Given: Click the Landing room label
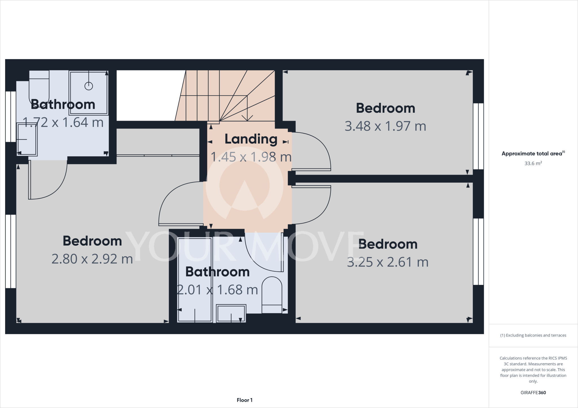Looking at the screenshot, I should click(x=251, y=139).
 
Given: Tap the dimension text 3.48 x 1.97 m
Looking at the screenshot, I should click(x=385, y=126).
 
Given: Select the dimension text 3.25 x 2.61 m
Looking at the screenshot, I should click(x=387, y=262).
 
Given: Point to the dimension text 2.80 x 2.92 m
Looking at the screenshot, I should click(x=92, y=259).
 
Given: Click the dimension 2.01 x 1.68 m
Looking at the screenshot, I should click(x=217, y=290).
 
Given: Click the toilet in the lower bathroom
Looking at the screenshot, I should click(x=272, y=294).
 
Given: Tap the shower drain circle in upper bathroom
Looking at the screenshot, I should click(x=89, y=86).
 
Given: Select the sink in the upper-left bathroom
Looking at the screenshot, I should click(x=27, y=139).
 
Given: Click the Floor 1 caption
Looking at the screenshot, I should click(x=244, y=400).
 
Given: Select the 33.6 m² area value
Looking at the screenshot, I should click(x=533, y=163).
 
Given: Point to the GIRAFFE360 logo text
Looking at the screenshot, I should click(x=533, y=393).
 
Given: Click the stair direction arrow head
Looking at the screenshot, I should click(x=247, y=118).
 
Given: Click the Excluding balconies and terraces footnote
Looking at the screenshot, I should click(x=533, y=335).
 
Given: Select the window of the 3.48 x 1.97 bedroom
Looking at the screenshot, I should click(x=478, y=136).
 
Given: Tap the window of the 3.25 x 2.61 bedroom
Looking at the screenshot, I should click(x=478, y=252).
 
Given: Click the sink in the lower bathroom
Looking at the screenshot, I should click(x=231, y=313).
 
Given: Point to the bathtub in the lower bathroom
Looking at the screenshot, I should click(x=195, y=280).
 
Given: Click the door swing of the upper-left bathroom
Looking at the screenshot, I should click(x=48, y=180).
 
